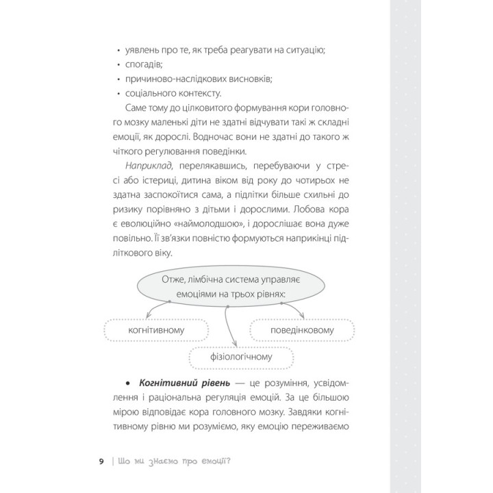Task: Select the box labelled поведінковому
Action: (302, 331)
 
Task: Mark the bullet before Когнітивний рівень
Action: (129, 382)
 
